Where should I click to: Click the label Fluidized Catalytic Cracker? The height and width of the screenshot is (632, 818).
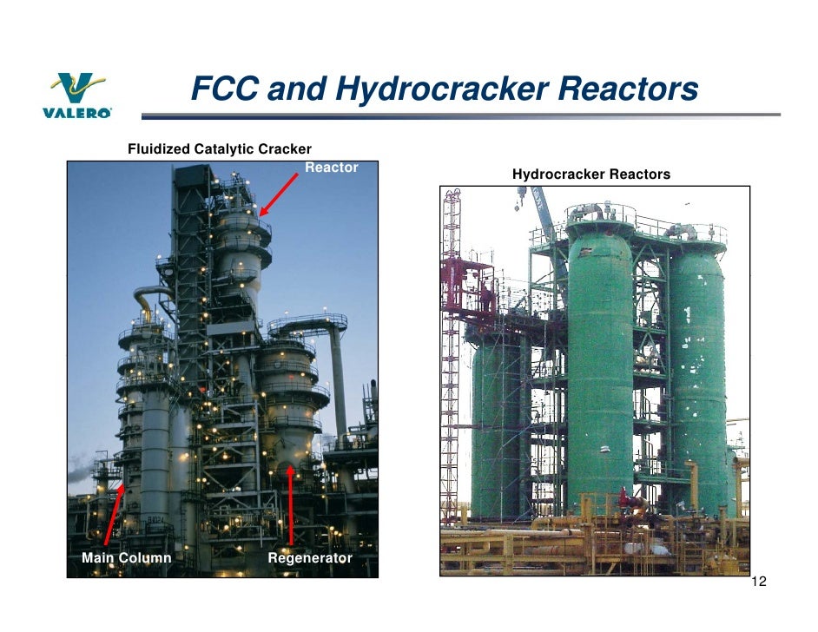(219, 150)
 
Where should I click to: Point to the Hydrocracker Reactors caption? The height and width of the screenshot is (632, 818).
(590, 174)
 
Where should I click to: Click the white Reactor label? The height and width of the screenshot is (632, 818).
(331, 168)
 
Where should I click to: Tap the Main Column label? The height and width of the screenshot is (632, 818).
(126, 557)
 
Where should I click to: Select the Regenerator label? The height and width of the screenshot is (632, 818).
(309, 557)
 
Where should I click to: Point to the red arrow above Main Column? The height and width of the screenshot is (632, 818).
(112, 516)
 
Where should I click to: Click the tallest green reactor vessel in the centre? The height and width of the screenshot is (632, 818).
(599, 365)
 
